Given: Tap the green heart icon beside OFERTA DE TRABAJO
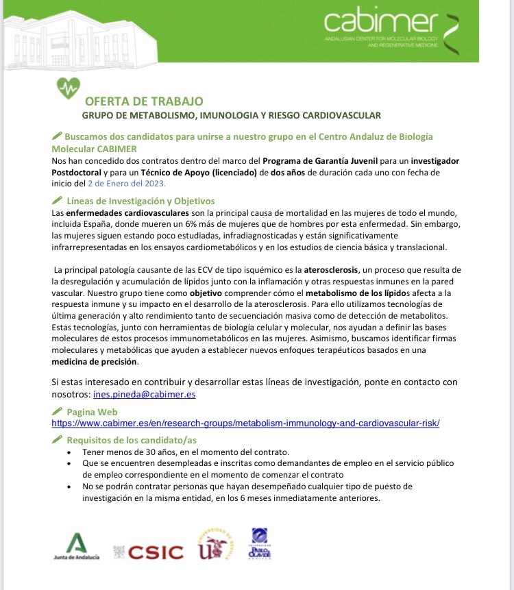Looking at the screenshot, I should coord(68,88).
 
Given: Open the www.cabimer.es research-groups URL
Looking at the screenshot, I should coord(245,423).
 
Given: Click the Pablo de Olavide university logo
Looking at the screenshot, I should coord(260,544).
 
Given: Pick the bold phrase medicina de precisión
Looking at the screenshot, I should coord(95,361).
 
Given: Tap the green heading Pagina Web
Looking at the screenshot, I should coord(92,412).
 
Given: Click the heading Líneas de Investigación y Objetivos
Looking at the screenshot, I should coord(140,201).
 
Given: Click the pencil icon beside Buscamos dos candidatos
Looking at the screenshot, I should coord(57,136).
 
